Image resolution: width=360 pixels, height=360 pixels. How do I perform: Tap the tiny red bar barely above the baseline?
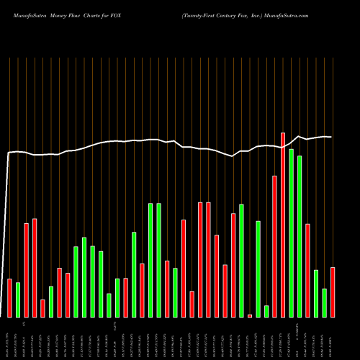pyautogui.click(x=250, y=315)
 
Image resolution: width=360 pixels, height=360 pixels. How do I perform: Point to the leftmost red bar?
pyautogui.click(x=9, y=297)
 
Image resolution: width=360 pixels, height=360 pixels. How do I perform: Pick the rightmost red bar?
pyautogui.click(x=333, y=292)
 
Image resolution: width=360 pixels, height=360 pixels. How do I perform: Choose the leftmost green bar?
pyautogui.click(x=18, y=300)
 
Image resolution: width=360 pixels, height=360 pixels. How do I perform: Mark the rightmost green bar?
pyautogui.click(x=324, y=302)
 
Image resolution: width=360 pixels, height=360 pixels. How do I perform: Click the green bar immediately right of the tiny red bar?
pyautogui.click(x=258, y=269)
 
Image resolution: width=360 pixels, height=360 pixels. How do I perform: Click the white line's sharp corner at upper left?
pyautogui.click(x=9, y=153)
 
